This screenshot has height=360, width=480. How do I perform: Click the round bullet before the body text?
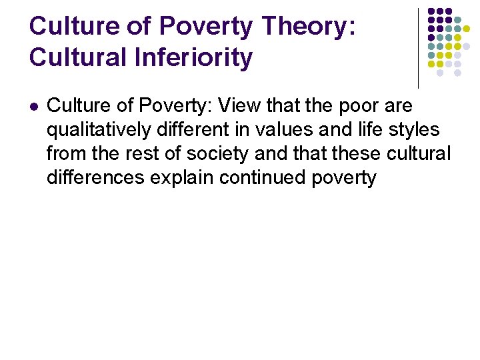click(x=34, y=107)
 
